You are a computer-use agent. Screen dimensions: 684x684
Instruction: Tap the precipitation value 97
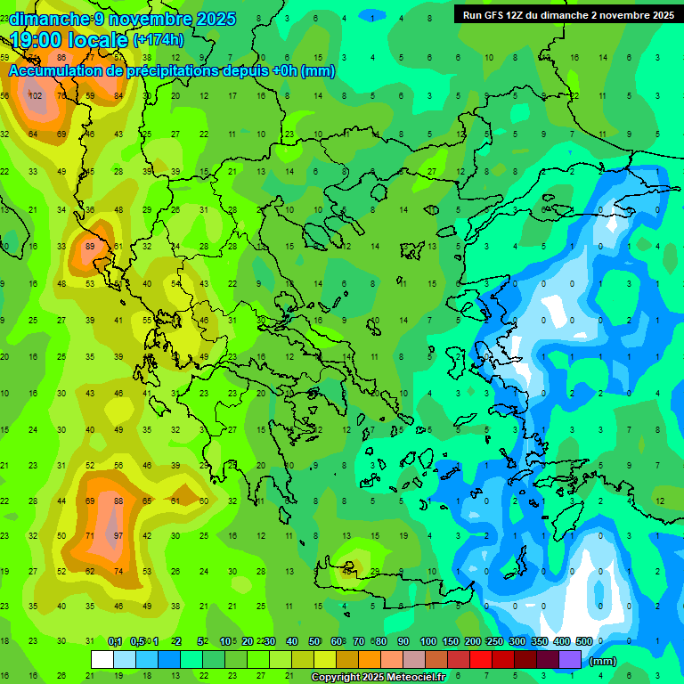pos(118,535)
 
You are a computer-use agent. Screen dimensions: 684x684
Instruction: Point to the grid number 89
pos(89,247)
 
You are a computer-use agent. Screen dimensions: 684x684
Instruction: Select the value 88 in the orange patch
pos(118,501)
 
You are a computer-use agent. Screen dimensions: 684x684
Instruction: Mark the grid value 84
pos(118,95)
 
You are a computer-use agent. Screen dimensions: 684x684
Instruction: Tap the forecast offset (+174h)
pos(159,39)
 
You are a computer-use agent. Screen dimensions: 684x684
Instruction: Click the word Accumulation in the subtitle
pos(59,71)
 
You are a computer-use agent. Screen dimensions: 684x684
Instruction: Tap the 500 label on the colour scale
pos(583,641)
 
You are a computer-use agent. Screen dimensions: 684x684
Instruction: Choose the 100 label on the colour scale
pos(428,641)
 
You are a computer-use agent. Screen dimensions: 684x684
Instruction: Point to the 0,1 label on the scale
pos(115,641)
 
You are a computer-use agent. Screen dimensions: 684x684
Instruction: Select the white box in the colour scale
pos(102,659)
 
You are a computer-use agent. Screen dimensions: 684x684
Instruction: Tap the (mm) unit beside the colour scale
pos(603,661)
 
